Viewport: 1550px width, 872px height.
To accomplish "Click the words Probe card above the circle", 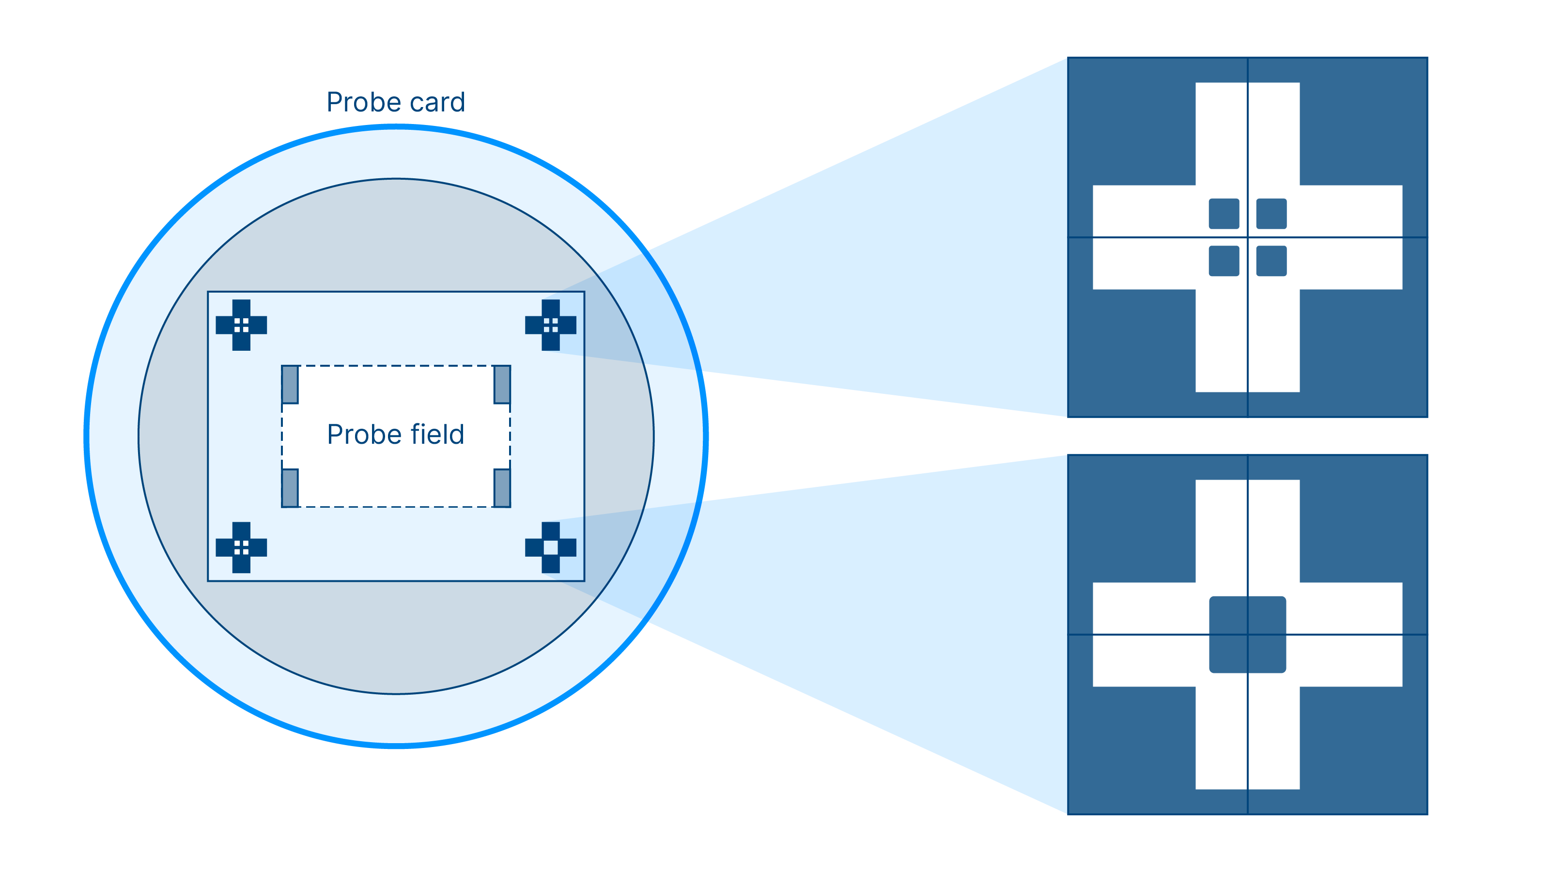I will click(x=395, y=102).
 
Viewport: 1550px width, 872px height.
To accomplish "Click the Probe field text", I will click(x=395, y=435).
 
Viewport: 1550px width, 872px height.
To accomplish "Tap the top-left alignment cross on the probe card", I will click(x=241, y=325).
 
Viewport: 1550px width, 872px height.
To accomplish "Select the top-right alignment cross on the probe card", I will click(x=551, y=325).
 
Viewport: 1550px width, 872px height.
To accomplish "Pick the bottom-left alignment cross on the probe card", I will click(x=241, y=547).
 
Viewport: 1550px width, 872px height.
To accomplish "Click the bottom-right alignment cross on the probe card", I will click(x=551, y=547).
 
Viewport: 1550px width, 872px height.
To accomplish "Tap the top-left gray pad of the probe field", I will click(x=290, y=385).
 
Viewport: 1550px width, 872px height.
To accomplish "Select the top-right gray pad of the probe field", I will click(x=502, y=385).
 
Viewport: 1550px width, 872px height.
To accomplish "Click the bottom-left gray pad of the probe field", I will click(x=290, y=487).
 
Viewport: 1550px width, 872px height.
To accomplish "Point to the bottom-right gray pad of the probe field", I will click(x=502, y=487).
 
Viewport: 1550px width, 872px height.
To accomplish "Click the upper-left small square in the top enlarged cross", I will click(x=1224, y=214).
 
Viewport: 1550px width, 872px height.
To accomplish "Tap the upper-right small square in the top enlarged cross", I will click(x=1271, y=214).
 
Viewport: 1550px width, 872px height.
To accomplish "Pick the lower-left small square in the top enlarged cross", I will click(x=1224, y=261).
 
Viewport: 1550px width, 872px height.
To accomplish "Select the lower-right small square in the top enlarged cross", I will click(x=1271, y=261).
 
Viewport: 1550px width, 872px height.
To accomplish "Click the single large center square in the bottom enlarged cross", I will click(x=1247, y=634).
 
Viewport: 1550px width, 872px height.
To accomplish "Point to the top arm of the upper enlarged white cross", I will click(x=1247, y=132).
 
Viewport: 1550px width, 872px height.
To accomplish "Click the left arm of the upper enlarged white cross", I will click(x=1143, y=237).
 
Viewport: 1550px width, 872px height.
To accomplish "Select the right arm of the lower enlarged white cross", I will click(x=1351, y=634).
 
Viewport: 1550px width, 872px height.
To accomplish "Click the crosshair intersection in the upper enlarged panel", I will click(x=1247, y=237).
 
